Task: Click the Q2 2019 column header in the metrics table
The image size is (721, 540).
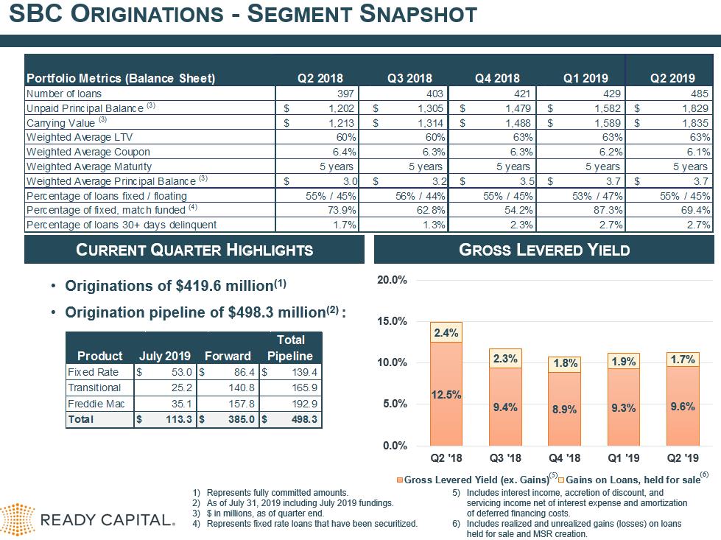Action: pyautogui.click(x=672, y=78)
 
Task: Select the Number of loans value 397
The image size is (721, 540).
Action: pyautogui.click(x=345, y=94)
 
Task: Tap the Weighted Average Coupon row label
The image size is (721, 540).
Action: pyautogui.click(x=88, y=152)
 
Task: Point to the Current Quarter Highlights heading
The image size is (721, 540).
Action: pyautogui.click(x=194, y=250)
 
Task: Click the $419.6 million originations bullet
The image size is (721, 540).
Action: pyautogui.click(x=176, y=286)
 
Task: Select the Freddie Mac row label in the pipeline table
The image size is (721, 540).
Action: pyautogui.click(x=96, y=404)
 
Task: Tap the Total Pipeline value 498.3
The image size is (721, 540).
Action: pyautogui.click(x=304, y=419)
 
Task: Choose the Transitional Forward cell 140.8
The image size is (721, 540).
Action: pyautogui.click(x=242, y=388)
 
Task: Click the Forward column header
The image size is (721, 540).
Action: pyautogui.click(x=228, y=356)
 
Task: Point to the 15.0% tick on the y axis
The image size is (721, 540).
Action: pyautogui.click(x=392, y=321)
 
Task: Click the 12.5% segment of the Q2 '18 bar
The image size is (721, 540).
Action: pyautogui.click(x=446, y=393)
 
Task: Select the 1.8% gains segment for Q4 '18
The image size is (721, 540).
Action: pyautogui.click(x=565, y=364)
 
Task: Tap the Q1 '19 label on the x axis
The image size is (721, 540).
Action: pyautogui.click(x=624, y=458)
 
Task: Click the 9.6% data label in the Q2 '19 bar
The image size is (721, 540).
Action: pyautogui.click(x=683, y=407)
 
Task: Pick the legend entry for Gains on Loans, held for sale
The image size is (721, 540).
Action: pyautogui.click(x=633, y=480)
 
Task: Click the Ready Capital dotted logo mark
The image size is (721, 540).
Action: pyautogui.click(x=18, y=520)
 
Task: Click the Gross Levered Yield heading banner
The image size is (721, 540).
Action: pyautogui.click(x=544, y=250)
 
